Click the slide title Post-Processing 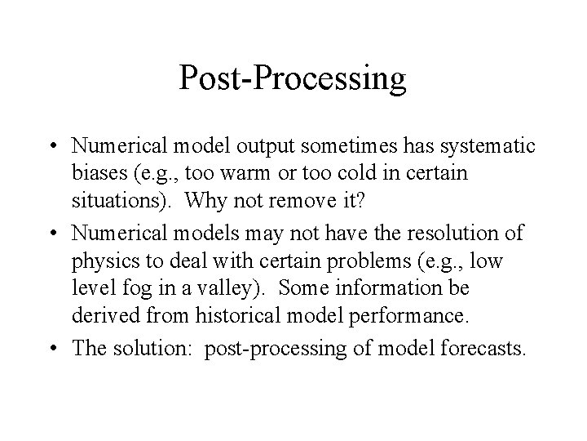(293, 79)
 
